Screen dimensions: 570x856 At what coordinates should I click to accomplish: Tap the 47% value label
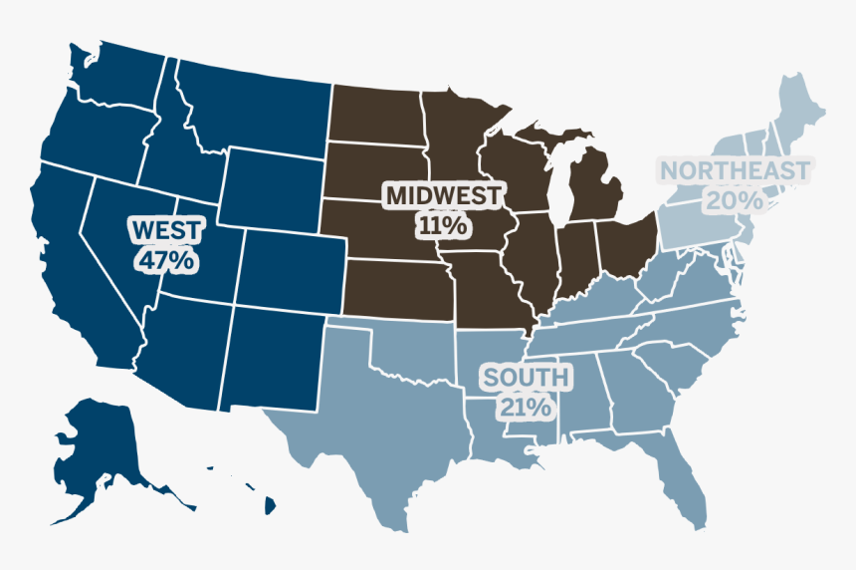166,261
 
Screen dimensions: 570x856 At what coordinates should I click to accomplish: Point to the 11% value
443,225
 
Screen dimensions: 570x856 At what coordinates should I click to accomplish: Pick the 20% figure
735,200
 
